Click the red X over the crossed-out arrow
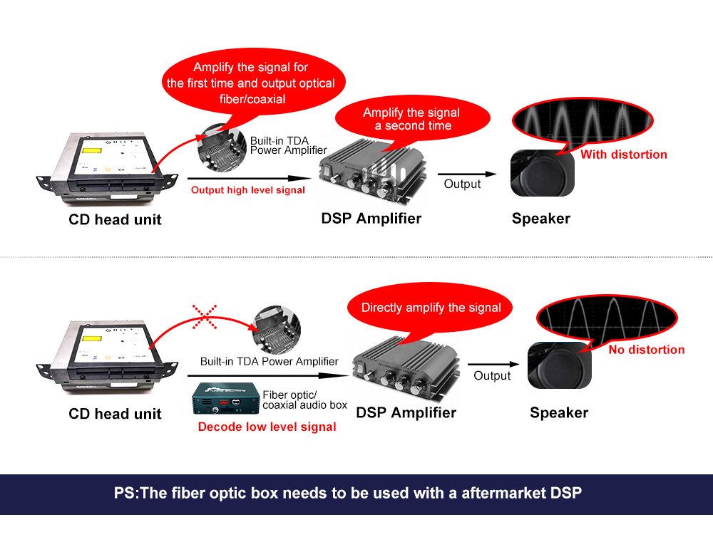tap(205, 317)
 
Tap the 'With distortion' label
tap(623, 155)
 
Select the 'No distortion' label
tap(646, 350)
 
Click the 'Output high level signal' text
tap(248, 190)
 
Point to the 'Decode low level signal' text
tap(267, 427)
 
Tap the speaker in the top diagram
tap(543, 173)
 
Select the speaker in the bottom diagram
tap(559, 365)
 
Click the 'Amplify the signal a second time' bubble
tap(412, 119)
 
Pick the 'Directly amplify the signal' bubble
tap(430, 308)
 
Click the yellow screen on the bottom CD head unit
tap(91, 339)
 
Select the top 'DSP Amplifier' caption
tap(371, 219)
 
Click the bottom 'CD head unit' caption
tap(115, 413)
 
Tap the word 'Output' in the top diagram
tap(462, 184)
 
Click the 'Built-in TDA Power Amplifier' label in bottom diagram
tap(270, 362)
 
